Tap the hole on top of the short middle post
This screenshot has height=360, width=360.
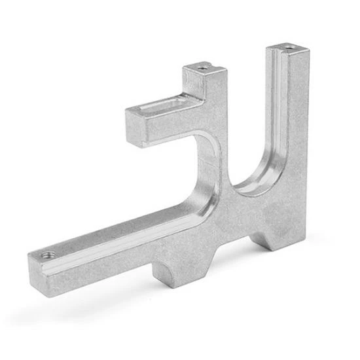coord(204,67)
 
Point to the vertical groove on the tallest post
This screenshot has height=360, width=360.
coord(279,111)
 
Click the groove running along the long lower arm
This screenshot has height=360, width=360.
coord(131,228)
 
